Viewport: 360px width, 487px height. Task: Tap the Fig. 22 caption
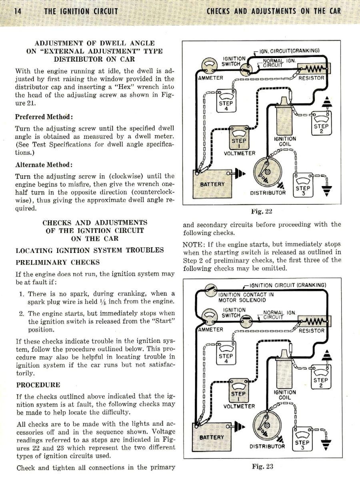[262, 211]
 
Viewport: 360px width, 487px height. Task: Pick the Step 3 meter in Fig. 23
[302, 439]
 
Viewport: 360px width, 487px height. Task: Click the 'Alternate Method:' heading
[44, 164]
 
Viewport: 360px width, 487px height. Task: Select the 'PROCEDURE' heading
[38, 385]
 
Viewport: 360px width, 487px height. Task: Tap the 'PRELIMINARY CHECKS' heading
[58, 263]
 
